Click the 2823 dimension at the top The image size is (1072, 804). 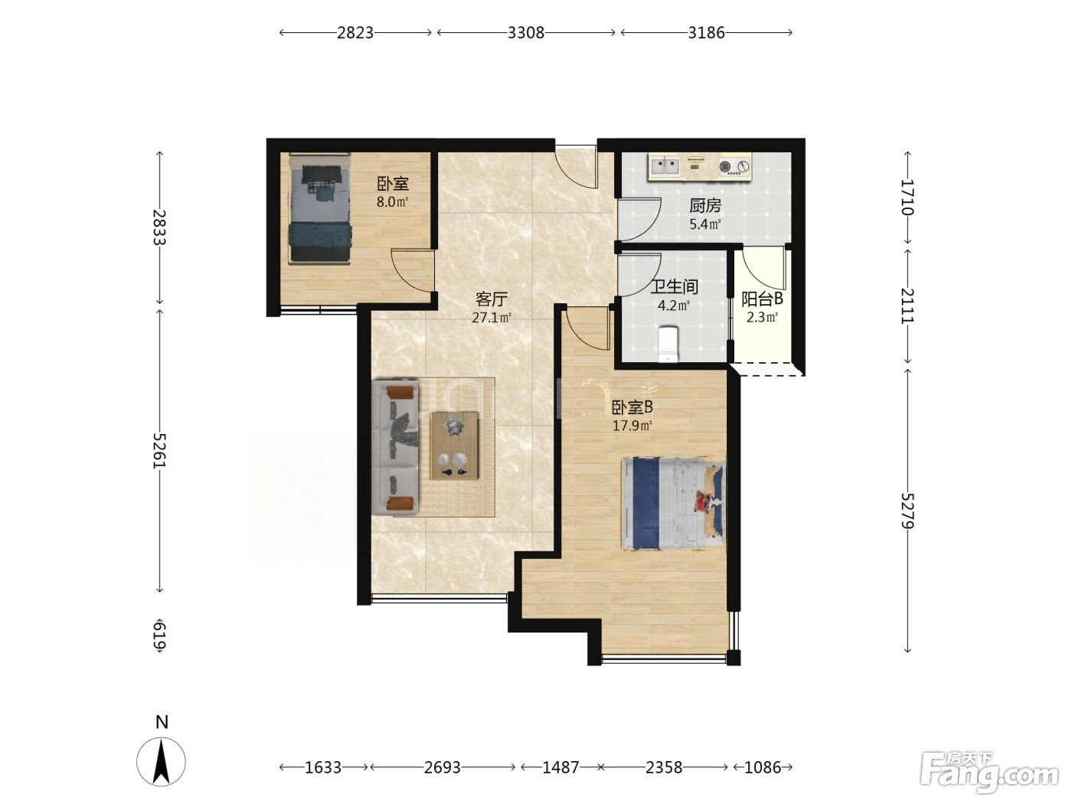(355, 33)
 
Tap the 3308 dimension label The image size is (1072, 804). (525, 33)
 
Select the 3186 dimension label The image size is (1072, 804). (706, 33)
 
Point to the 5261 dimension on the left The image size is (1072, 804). (159, 450)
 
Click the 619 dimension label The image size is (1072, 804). (159, 636)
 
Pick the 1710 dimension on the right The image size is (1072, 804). (907, 198)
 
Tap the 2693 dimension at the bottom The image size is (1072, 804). (442, 768)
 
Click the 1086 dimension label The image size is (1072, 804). (763, 768)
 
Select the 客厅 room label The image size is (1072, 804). (492, 299)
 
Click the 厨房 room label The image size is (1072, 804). (705, 206)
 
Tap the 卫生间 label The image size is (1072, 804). (674, 286)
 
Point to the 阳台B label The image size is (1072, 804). (763, 299)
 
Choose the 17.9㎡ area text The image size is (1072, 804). (632, 426)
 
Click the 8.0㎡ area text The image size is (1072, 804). (392, 201)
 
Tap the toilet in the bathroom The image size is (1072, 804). (668, 344)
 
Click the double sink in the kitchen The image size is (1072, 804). (664, 166)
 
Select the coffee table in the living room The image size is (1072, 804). (454, 446)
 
